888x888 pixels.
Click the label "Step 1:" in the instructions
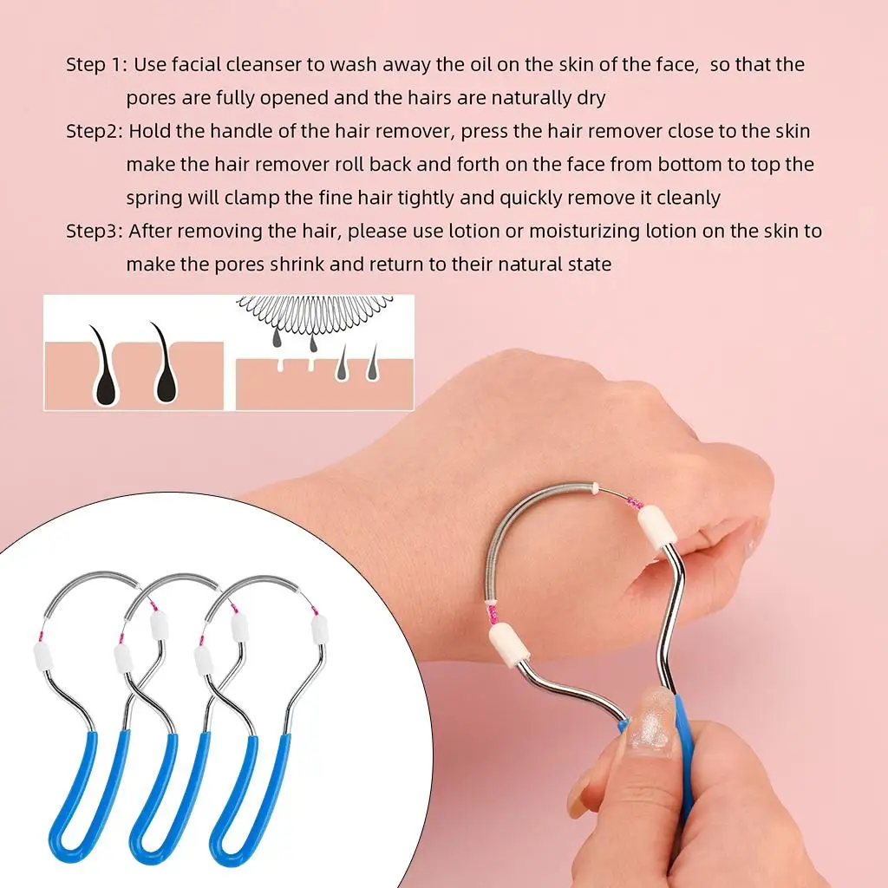coord(96,65)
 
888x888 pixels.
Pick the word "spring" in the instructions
coord(155,198)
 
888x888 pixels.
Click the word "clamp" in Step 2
coord(253,198)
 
